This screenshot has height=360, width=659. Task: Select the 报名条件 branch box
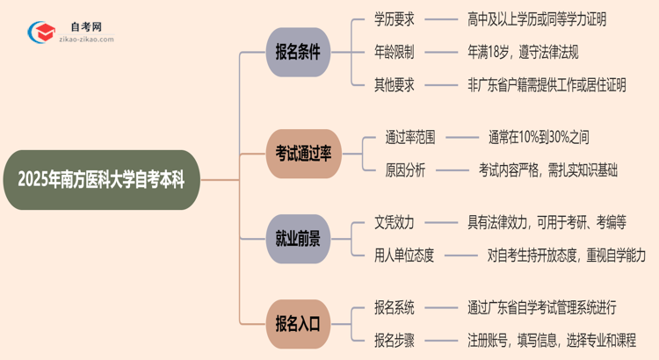(x=298, y=52)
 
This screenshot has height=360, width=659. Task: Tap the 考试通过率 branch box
(x=298, y=154)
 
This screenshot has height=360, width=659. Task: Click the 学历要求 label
(x=395, y=19)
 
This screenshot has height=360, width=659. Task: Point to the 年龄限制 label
(x=395, y=52)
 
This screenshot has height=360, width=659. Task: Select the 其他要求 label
(x=395, y=84)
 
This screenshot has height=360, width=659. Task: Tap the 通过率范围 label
(x=410, y=137)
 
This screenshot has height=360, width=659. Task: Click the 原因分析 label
(x=404, y=170)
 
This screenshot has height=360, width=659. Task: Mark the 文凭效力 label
(x=395, y=222)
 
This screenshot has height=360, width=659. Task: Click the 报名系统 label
(x=395, y=307)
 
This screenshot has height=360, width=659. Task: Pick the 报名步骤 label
(x=395, y=340)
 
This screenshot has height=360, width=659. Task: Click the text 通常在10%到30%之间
(x=546, y=137)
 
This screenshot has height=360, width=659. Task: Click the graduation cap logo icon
(x=40, y=32)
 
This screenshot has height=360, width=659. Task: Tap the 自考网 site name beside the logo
(x=86, y=26)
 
